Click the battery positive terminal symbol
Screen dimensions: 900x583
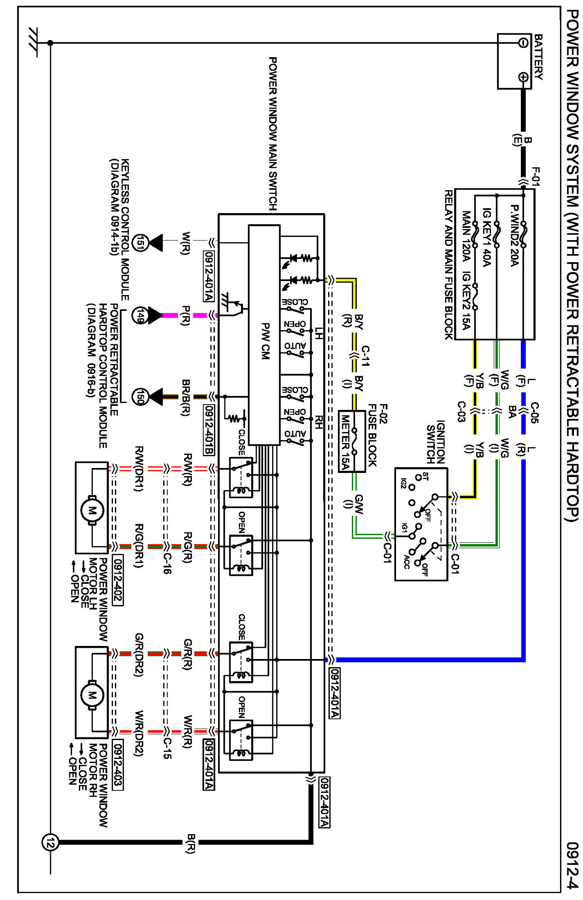pos(523,77)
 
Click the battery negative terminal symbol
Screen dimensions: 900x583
pos(523,43)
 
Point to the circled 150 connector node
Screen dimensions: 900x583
pos(141,397)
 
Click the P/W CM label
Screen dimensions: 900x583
pos(265,341)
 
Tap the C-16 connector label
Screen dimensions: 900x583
pos(166,563)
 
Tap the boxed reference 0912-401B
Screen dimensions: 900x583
pos(209,430)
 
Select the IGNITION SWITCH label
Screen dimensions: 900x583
pos(436,442)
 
